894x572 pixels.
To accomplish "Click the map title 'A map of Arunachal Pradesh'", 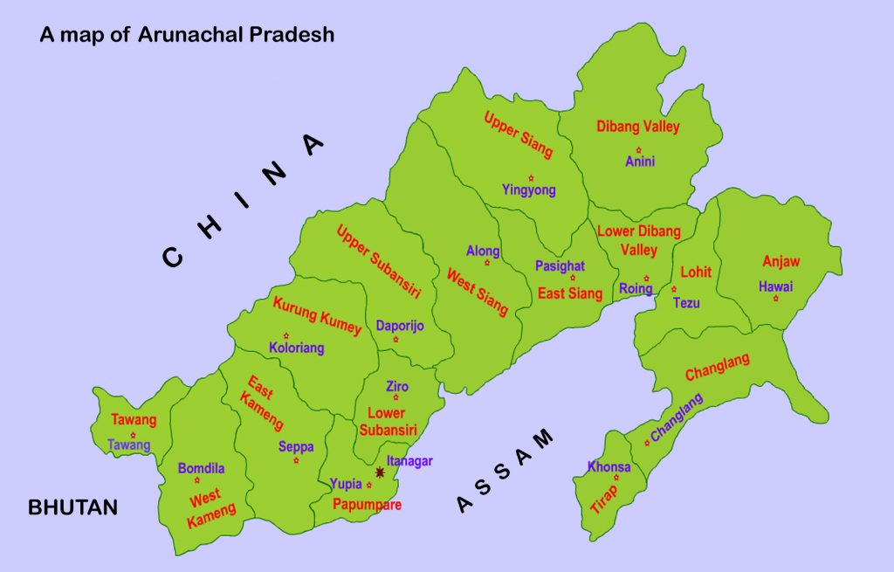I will [x=187, y=36].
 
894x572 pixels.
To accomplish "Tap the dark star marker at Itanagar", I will [x=380, y=472].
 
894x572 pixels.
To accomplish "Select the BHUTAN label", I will [x=72, y=507].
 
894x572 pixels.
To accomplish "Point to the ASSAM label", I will [x=506, y=471].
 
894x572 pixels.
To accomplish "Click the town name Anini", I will [x=639, y=162].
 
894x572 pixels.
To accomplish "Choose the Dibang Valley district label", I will [x=637, y=127].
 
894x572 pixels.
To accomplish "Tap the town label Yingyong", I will [x=528, y=190].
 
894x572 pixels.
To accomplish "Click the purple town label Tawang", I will [x=129, y=445].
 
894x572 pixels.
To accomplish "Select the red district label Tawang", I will [x=134, y=420].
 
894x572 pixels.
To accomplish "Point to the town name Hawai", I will [x=775, y=286].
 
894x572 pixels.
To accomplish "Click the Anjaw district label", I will [x=781, y=261].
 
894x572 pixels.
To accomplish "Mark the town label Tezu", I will [x=686, y=302].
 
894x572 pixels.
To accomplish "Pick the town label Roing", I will [x=636, y=289].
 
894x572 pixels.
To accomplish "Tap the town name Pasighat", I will [x=560, y=266].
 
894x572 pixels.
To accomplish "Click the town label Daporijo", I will [x=400, y=326].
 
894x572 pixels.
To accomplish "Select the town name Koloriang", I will [x=296, y=348].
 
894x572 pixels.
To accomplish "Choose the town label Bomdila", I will [x=201, y=468].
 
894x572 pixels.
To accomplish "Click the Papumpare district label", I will [x=367, y=505].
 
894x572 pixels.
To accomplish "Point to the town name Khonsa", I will [x=609, y=466].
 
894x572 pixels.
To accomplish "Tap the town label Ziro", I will [x=397, y=387].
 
